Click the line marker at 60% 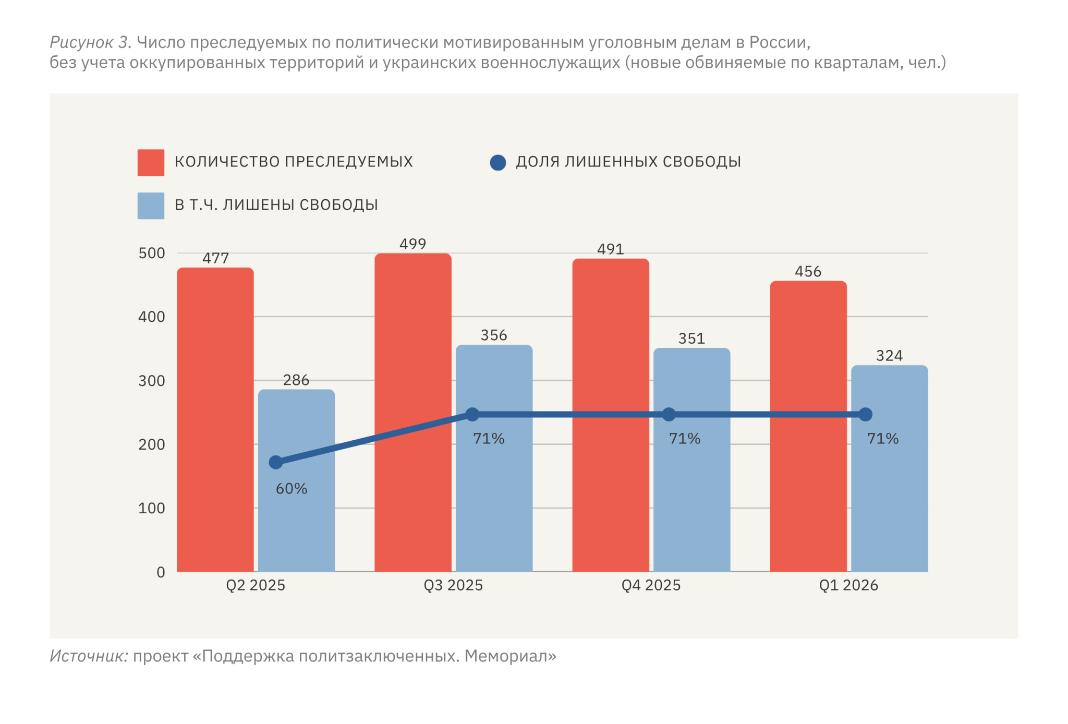pyautogui.click(x=275, y=462)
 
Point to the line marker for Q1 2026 pyautogui.click(x=865, y=415)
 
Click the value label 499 pyautogui.click(x=412, y=244)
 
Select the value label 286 pyautogui.click(x=296, y=380)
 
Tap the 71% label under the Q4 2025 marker pyautogui.click(x=685, y=439)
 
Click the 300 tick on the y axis pyautogui.click(x=151, y=381)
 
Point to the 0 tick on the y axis pyautogui.click(x=161, y=572)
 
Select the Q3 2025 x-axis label pyautogui.click(x=453, y=585)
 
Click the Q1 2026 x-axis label pyautogui.click(x=848, y=585)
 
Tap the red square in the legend pyautogui.click(x=151, y=162)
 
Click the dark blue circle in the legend pyautogui.click(x=498, y=163)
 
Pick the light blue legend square pyautogui.click(x=151, y=206)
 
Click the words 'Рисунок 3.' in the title pyautogui.click(x=90, y=42)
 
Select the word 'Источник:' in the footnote pyautogui.click(x=89, y=656)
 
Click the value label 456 pyautogui.click(x=808, y=272)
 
